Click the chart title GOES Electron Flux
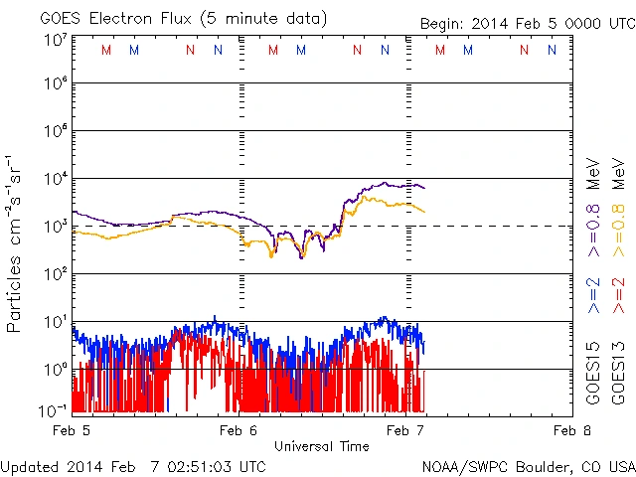[170, 18]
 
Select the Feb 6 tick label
[238, 430]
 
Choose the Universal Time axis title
[321, 446]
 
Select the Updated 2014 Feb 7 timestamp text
[133, 465]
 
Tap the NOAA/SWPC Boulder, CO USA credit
[528, 465]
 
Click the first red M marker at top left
[106, 50]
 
